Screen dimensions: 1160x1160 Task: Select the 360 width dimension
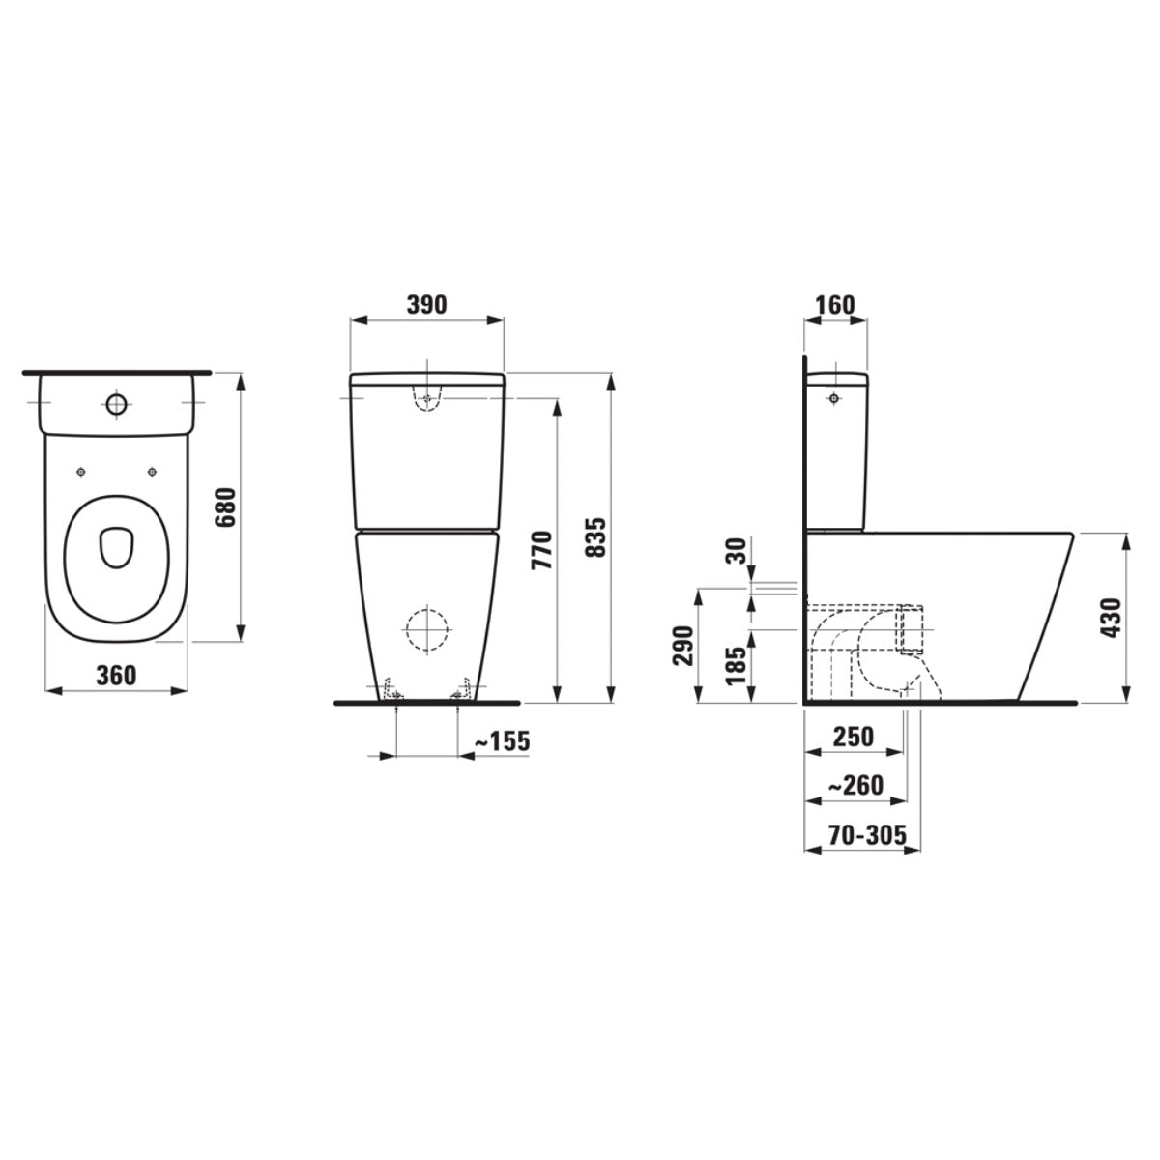(116, 676)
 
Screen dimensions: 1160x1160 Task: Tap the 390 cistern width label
(426, 305)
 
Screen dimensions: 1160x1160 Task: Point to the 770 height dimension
(541, 550)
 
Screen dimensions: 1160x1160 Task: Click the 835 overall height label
(596, 536)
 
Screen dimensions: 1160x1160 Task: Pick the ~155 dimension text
(502, 741)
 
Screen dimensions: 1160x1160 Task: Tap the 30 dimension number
(738, 551)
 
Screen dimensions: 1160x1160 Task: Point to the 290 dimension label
(682, 646)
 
